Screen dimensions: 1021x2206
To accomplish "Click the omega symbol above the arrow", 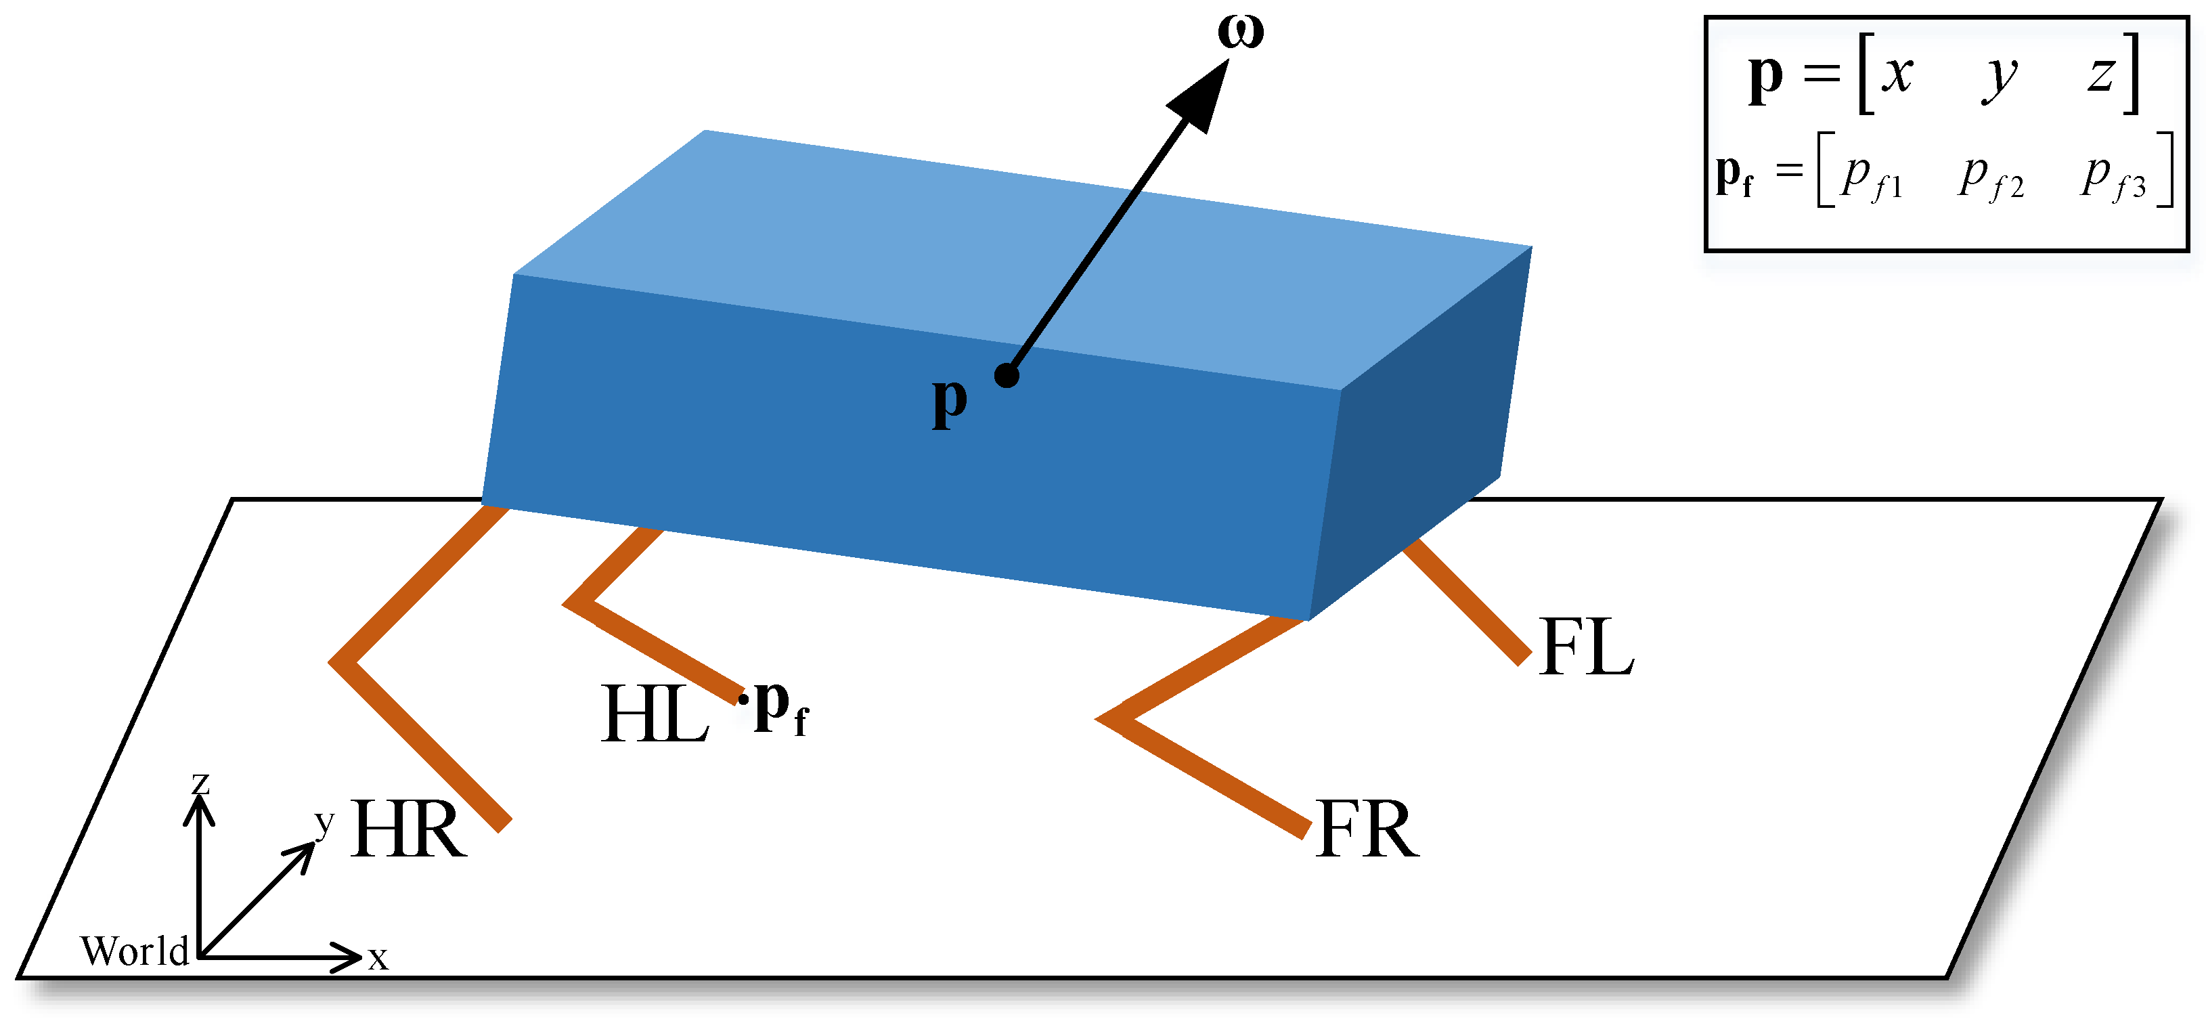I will [1240, 32].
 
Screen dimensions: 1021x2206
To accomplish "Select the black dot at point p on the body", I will [1007, 375].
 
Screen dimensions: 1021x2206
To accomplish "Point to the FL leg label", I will [1586, 649].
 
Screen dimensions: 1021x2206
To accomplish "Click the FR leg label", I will [1367, 829].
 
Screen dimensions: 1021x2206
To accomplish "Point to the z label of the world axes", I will [200, 783].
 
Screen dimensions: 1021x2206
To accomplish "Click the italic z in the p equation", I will [2100, 74].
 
